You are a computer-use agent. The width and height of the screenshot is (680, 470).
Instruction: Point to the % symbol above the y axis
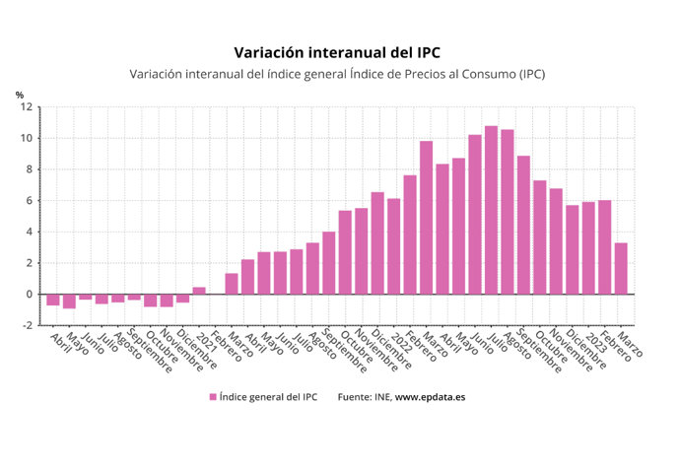pos(20,95)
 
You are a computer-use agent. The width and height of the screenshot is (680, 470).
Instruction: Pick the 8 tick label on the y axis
pos(29,169)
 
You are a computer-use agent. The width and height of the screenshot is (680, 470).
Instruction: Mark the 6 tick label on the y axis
pos(29,200)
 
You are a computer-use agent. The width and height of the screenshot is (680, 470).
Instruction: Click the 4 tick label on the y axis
pos(29,232)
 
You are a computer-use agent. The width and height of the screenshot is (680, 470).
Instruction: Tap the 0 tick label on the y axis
pos(29,294)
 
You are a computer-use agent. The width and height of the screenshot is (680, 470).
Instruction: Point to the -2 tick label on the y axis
pos(27,325)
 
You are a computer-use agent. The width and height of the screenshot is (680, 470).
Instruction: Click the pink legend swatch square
pos(212,396)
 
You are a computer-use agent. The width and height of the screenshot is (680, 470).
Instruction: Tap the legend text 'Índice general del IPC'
pos(267,396)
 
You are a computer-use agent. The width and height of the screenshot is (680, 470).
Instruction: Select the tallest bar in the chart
pos(491,210)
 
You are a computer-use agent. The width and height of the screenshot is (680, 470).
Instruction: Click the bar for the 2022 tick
pos(393,246)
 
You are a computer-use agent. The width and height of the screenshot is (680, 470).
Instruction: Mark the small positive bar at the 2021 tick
pos(198,291)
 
